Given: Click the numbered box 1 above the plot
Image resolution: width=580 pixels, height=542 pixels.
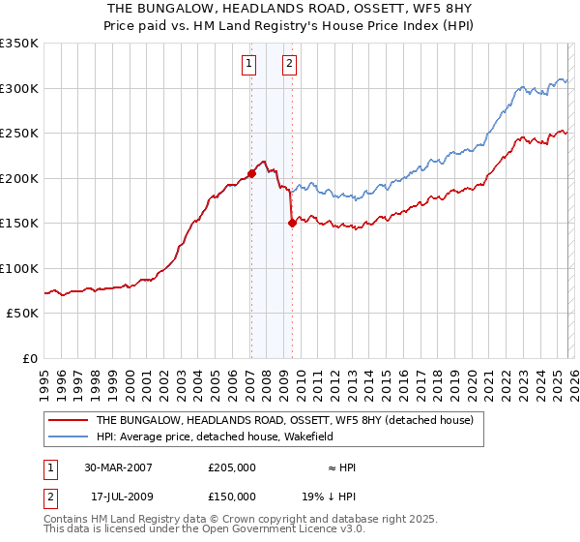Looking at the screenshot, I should point(249,65).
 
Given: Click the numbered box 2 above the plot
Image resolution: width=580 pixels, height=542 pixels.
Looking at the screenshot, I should point(289,65).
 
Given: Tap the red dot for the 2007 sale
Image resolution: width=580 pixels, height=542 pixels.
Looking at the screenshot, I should point(251,173).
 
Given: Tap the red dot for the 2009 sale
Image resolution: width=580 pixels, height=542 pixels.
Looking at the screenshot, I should point(292,223).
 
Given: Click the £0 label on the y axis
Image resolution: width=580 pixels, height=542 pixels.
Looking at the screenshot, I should point(29,359).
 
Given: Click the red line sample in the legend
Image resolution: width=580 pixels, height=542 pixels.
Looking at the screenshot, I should point(69,421).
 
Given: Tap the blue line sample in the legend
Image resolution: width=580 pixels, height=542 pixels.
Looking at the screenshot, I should point(69,437).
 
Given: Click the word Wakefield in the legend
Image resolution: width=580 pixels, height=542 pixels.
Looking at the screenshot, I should point(280,437).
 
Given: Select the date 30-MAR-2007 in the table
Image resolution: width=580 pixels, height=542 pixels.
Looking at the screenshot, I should point(119,467).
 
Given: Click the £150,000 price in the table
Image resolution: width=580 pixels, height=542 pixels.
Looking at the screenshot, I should point(232,497).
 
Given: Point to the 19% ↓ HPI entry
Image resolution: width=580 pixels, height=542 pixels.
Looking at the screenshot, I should point(329,497).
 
